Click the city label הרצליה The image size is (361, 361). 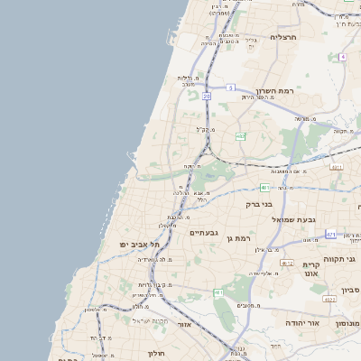[283, 38]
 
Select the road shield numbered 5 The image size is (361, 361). [231, 88]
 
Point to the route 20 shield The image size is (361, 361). [207, 95]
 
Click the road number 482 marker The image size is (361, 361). [240, 136]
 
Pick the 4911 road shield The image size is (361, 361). [337, 167]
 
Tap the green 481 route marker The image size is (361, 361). [264, 188]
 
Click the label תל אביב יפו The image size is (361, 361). [140, 244]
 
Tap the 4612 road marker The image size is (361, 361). [288, 263]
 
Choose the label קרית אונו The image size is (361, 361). [311, 267]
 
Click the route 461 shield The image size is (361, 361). [218, 293]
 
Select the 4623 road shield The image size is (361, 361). [329, 299]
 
